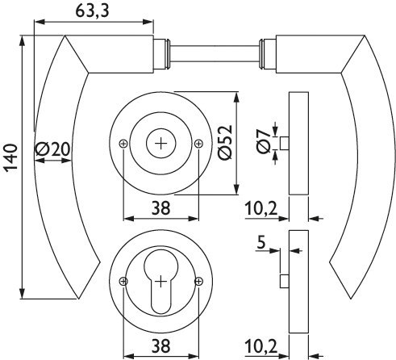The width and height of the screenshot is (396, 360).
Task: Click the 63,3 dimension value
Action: coord(92,11)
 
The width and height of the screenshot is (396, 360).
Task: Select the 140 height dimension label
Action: coord(10,157)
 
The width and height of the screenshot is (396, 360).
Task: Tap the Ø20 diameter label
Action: coord(52,149)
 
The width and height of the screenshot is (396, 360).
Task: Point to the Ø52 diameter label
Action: coord(225,142)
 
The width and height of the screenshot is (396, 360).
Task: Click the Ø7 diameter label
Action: coord(264,141)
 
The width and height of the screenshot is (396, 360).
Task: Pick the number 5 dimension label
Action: coord(261,242)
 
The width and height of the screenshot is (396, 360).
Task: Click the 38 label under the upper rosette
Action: coord(160,208)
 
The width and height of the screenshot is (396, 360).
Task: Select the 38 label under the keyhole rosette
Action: coord(160,345)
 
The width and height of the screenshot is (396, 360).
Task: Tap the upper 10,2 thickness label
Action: coord(261,209)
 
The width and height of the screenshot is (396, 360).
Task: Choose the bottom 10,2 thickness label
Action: coord(261,346)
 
